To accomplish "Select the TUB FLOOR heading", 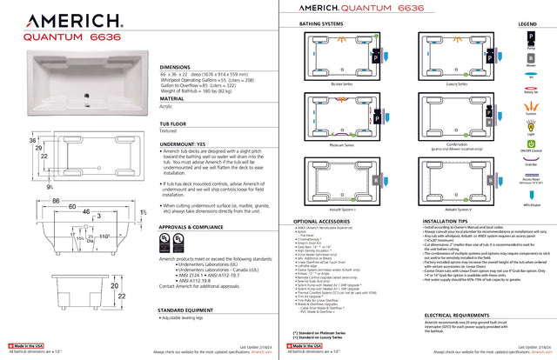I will click(176, 124).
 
